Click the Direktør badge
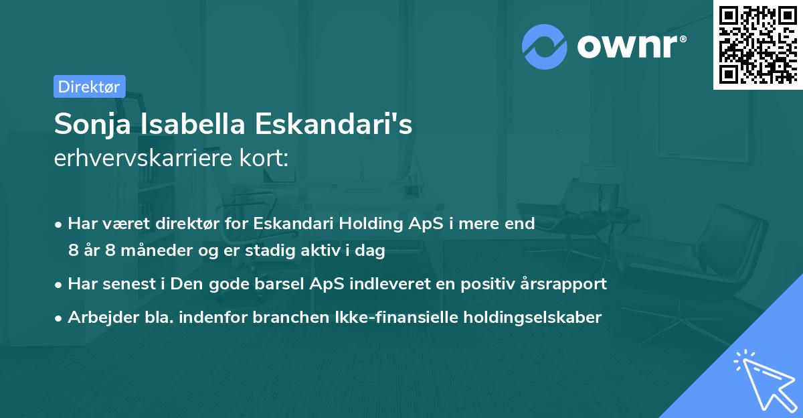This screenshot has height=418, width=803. [x=89, y=86]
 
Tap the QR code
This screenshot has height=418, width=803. [x=757, y=44]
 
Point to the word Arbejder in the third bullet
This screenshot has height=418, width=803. [x=98, y=317]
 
